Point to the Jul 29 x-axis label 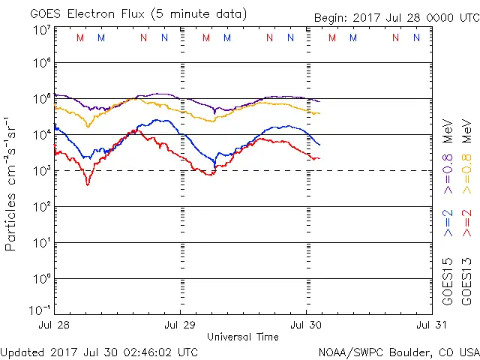click(180, 325)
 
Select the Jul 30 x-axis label click(306, 325)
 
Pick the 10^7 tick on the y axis click(40, 30)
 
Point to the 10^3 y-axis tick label click(40, 171)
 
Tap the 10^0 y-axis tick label click(40, 279)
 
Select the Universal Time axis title click(243, 337)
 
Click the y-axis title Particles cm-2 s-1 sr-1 click(11, 184)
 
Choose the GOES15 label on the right click(448, 280)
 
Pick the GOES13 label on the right click(466, 280)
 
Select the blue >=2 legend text click(448, 223)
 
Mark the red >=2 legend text click(466, 223)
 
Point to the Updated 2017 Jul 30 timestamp click(100, 352)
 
